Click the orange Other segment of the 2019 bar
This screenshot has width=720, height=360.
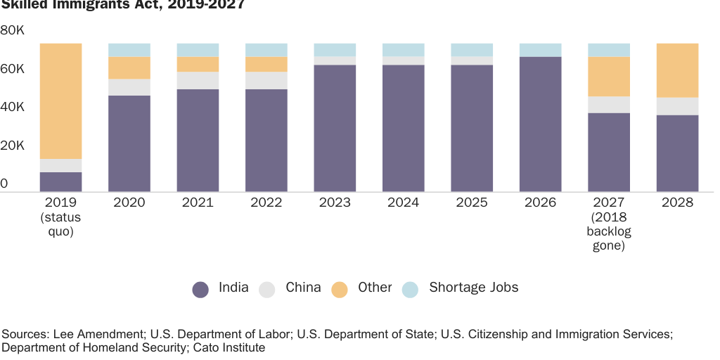tap(60, 101)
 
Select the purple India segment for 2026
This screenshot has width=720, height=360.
tap(540, 124)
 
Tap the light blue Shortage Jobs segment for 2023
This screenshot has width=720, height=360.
tap(335, 50)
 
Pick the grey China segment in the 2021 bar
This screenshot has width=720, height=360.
tap(198, 80)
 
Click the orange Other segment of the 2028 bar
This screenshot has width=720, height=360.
tap(677, 70)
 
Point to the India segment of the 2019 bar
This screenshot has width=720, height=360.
tap(60, 181)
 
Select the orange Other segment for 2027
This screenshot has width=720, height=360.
tap(609, 77)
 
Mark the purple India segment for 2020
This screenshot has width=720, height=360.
tap(129, 143)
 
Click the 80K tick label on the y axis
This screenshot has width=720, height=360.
tap(13, 31)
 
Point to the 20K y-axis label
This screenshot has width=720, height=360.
tap(13, 146)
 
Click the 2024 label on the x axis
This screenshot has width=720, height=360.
tap(403, 202)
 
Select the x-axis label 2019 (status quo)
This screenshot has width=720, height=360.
tap(60, 217)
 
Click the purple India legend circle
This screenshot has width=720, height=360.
tap(201, 289)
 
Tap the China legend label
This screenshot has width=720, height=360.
tap(303, 288)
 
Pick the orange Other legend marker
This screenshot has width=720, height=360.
tap(340, 289)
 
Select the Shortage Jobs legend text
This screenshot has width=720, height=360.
tap(473, 288)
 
